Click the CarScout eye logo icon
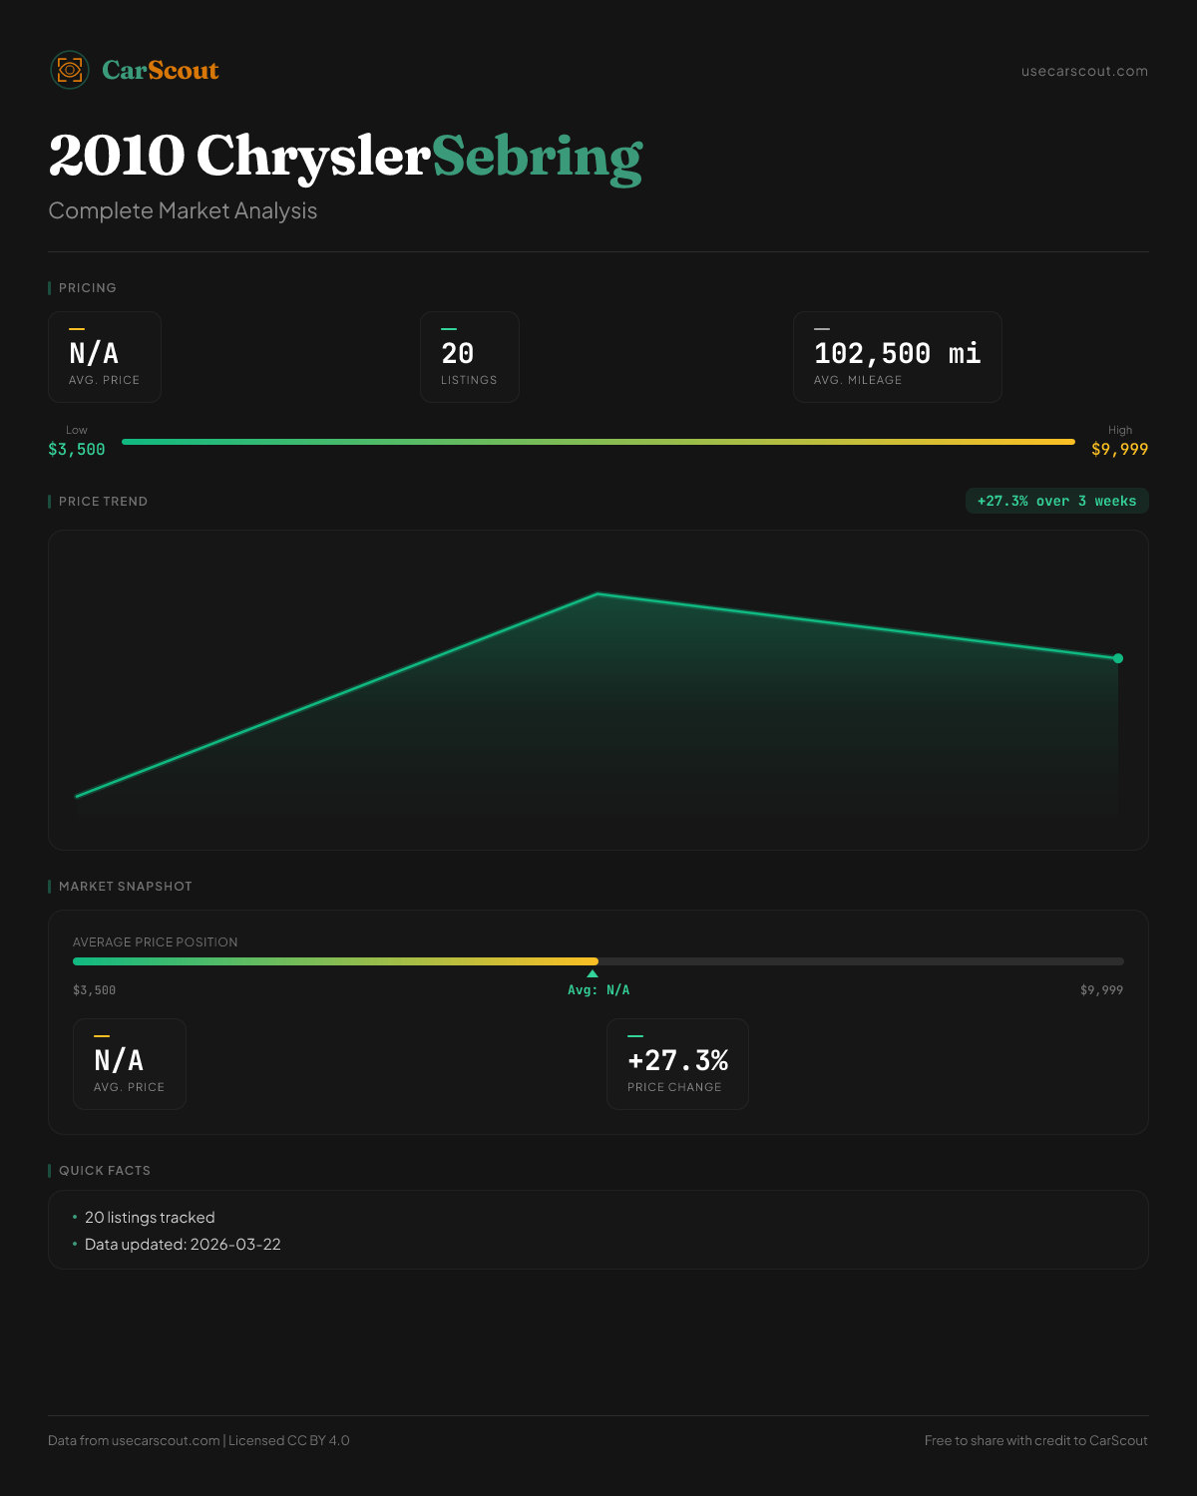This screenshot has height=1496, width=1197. tap(70, 70)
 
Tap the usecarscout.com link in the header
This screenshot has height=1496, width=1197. tap(1084, 71)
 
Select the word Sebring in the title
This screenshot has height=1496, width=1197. tap(538, 157)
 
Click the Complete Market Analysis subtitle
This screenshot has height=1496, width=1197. tap(183, 211)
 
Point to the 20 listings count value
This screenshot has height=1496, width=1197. tap(458, 353)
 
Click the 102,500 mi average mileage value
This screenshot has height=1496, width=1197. tap(897, 353)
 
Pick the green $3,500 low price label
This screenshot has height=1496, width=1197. tap(77, 450)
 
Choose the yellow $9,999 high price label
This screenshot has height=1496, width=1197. tap(1119, 450)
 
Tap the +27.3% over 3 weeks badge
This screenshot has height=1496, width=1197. tap(1056, 501)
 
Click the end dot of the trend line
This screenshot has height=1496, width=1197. tap(1118, 658)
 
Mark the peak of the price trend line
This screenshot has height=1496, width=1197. tap(598, 594)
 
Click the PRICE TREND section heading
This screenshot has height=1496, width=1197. tap(103, 502)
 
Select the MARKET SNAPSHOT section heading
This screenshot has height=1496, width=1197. tap(125, 887)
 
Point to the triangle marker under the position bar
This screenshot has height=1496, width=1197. tap(593, 973)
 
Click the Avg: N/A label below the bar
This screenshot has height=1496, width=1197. tap(598, 990)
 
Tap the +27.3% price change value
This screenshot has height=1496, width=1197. tap(677, 1060)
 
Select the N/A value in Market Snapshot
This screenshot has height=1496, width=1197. tap(119, 1060)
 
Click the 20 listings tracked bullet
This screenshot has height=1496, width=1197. tap(150, 1218)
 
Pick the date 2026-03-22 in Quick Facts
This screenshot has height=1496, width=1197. tap(235, 1245)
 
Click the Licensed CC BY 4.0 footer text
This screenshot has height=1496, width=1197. tap(289, 1441)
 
